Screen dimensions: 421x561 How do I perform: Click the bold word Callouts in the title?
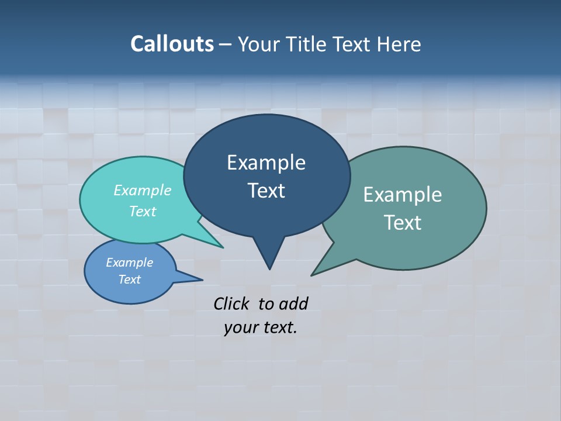[172, 44]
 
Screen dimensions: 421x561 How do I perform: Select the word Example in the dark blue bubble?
[266, 163]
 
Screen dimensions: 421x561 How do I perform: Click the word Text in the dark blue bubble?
[266, 191]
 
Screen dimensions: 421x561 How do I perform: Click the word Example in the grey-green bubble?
[403, 195]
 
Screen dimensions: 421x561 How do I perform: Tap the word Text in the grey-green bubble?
[403, 223]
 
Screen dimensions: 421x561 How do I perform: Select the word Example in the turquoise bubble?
[143, 191]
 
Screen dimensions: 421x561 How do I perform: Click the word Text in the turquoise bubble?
[143, 212]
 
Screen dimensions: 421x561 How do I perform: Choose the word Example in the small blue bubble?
[130, 263]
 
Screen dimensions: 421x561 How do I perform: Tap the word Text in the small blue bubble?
[130, 279]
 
